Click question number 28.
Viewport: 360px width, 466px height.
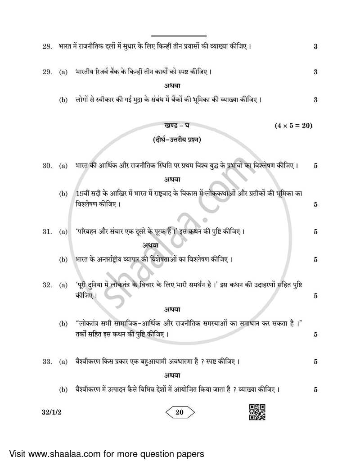47,46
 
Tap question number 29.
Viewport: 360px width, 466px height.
47,72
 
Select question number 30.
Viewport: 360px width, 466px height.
47,166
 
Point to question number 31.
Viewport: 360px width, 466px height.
47,232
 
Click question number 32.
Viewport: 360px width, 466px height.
47,285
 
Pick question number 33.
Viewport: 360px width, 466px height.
47,362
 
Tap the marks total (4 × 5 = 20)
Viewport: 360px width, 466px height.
293,126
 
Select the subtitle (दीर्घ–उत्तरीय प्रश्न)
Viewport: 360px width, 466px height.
177,140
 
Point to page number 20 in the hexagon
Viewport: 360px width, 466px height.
179,412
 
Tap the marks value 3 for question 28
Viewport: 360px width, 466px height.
315,46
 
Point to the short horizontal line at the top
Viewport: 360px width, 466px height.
179,36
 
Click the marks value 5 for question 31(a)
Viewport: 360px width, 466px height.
315,232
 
